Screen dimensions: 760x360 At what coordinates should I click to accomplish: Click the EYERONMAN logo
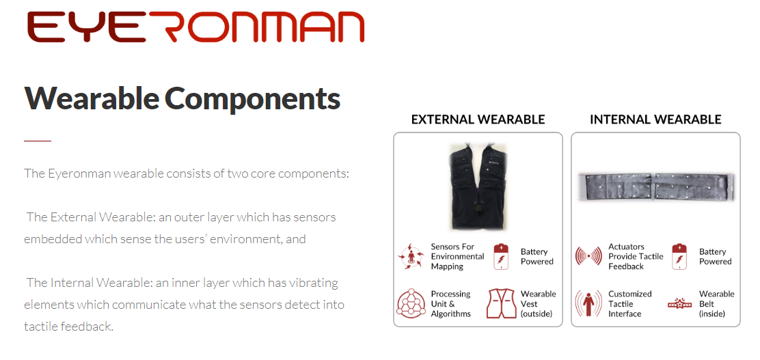pyautogui.click(x=196, y=27)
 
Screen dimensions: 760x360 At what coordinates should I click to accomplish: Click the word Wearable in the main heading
pyautogui.click(x=91, y=98)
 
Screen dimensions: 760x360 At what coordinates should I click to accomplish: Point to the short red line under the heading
pyautogui.click(x=38, y=141)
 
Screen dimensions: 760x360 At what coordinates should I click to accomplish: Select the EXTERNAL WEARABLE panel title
pyautogui.click(x=478, y=119)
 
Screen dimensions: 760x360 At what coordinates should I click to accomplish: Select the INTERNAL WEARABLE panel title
pyautogui.click(x=655, y=119)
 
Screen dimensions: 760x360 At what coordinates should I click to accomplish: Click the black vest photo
pyautogui.click(x=478, y=186)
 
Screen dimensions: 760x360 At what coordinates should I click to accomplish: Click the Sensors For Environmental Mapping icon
pyautogui.click(x=411, y=256)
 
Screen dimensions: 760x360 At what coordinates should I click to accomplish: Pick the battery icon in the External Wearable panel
pyautogui.click(x=501, y=256)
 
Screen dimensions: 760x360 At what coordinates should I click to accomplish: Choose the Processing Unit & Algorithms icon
pyautogui.click(x=411, y=303)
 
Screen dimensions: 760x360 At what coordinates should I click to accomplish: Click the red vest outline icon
pyautogui.click(x=501, y=303)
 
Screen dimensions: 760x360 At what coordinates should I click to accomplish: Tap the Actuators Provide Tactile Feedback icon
pyautogui.click(x=588, y=256)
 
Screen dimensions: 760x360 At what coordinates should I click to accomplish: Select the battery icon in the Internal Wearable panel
pyautogui.click(x=679, y=256)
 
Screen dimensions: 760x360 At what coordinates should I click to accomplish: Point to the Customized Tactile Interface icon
pyautogui.click(x=588, y=303)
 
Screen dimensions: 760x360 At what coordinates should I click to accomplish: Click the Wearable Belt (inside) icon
pyautogui.click(x=679, y=304)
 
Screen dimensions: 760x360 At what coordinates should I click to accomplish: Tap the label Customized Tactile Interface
pyautogui.click(x=629, y=304)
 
